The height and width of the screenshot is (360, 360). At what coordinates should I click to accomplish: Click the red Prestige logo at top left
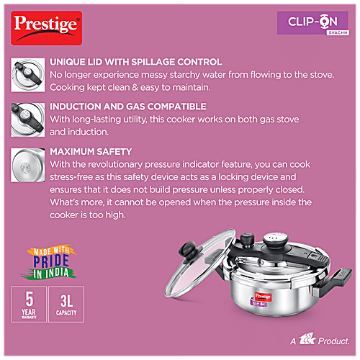[x=47, y=28]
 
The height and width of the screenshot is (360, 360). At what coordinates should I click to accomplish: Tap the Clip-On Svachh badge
[x=313, y=23]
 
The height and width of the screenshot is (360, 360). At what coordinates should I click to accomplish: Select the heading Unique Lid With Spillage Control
[x=135, y=62]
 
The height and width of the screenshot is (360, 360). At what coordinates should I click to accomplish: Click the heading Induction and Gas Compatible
[x=128, y=107]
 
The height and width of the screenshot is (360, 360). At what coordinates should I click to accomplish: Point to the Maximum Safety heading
[x=91, y=151]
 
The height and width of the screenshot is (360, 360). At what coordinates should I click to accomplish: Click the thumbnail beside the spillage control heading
[x=28, y=75]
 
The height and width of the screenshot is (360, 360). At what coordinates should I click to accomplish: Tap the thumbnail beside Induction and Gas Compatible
[x=28, y=120]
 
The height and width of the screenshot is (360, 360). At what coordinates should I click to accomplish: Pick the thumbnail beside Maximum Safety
[x=28, y=165]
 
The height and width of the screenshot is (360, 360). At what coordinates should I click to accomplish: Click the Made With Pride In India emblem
[x=49, y=262]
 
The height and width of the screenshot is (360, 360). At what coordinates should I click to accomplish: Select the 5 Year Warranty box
[x=29, y=305]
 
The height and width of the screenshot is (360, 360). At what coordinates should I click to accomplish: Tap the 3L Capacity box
[x=66, y=305]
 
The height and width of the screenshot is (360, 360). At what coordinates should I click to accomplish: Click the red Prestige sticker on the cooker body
[x=263, y=297]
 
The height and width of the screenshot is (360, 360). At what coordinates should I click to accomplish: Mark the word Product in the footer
[x=333, y=341]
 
